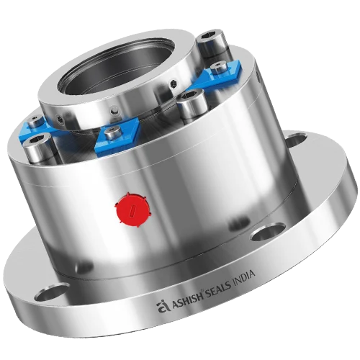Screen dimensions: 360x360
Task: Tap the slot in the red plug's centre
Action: [135, 210]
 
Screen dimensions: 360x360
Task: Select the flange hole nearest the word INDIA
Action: [269, 232]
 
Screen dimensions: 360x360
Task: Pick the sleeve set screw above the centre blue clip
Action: [112, 110]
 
